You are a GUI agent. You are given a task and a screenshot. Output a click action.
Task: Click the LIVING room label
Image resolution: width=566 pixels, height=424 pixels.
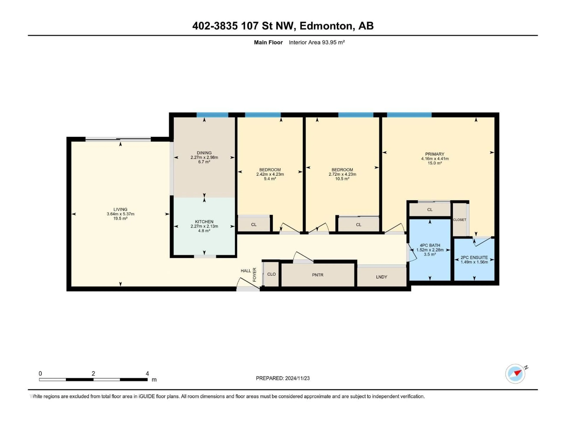click(x=120, y=209)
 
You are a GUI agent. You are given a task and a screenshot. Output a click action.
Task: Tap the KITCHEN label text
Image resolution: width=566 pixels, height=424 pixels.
click(x=204, y=222)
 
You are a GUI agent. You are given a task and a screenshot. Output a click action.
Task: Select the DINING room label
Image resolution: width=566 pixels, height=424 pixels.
click(x=204, y=153)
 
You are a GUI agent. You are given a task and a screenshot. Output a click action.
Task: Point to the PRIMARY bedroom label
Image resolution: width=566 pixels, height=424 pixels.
click(x=435, y=154)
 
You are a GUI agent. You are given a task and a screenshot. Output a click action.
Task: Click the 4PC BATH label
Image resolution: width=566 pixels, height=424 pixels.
click(x=430, y=245)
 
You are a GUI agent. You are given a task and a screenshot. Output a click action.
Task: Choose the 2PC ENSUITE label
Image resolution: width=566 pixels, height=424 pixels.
click(x=474, y=258)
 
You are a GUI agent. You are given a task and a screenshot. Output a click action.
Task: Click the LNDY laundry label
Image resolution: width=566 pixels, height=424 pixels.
click(x=381, y=277)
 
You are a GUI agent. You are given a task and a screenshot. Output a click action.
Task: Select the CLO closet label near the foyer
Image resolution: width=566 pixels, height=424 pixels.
click(x=272, y=274)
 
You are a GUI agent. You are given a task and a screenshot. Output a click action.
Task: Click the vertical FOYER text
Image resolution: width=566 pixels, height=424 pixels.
click(x=255, y=275)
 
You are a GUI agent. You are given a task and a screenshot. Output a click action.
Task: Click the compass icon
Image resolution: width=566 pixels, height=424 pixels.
click(x=515, y=374)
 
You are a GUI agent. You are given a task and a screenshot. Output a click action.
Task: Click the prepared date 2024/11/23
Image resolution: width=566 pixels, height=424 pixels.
click(x=297, y=378)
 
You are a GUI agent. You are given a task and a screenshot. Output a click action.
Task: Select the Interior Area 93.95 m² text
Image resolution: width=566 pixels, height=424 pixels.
click(x=317, y=42)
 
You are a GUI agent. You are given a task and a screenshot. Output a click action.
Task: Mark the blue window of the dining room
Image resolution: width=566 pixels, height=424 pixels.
click(x=212, y=115)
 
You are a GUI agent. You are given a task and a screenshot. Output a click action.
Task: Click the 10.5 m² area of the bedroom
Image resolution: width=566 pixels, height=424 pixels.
click(x=342, y=179)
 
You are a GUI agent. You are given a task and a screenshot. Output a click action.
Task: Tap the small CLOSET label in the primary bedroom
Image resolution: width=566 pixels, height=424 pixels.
click(x=460, y=220)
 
